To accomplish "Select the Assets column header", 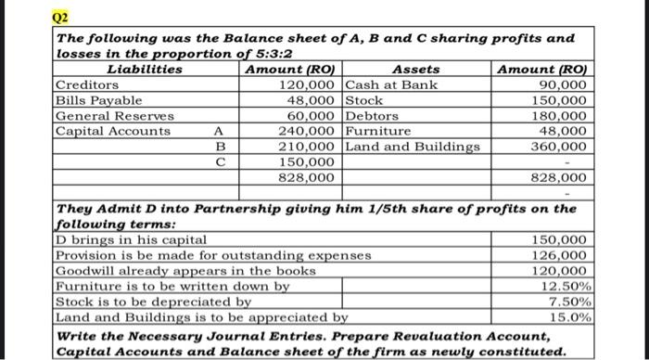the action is pos(416,70).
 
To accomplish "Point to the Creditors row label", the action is pos(85,84).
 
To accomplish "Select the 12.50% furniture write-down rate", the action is pos(565,287).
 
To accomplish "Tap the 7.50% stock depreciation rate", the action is pos(568,302).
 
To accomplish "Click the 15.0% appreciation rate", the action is pos(568,317).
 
